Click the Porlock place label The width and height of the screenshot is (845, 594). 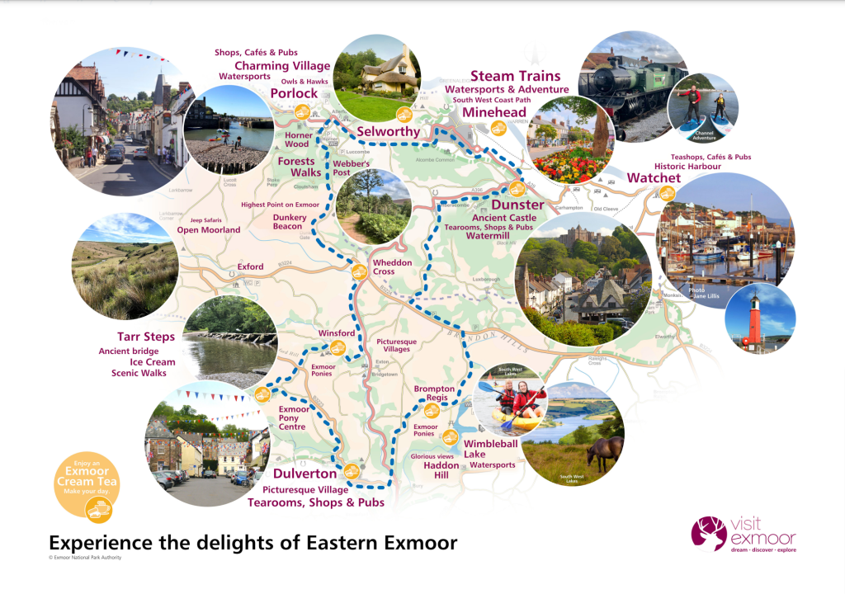289,93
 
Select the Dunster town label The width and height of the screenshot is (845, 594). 517,205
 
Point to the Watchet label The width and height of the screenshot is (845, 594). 654,178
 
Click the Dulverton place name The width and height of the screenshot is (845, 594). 304,474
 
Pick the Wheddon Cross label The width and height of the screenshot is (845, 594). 391,266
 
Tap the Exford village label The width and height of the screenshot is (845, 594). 250,267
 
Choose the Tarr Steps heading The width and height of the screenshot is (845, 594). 146,337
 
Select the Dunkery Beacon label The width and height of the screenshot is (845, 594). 290,221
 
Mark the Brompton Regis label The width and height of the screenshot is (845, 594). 434,394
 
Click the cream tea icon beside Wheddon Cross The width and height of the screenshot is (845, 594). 359,271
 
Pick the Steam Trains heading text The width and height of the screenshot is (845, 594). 515,76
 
